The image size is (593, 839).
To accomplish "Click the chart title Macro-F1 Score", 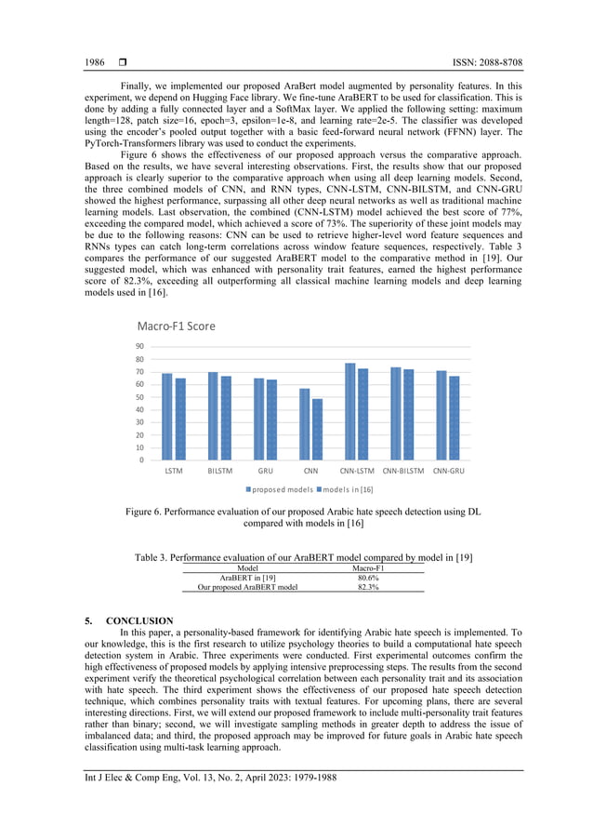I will click(177, 326).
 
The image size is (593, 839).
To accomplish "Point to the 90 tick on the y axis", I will click(139, 347).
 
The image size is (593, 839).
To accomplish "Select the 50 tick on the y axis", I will click(139, 397).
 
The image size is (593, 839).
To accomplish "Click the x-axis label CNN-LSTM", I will click(356, 472).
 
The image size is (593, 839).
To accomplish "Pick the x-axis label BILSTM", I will click(219, 472).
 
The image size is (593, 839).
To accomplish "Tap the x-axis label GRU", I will click(265, 472).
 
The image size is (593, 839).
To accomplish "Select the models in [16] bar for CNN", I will click(317, 429).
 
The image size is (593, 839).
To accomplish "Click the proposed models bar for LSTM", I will click(167, 417).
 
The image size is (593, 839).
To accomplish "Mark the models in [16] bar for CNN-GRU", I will click(454, 418).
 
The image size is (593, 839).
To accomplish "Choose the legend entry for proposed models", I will click(280, 489).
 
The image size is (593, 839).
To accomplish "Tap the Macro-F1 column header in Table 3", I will click(368, 566).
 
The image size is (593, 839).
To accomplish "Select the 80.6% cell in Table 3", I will click(368, 577).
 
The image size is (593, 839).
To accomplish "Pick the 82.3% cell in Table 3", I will click(368, 587).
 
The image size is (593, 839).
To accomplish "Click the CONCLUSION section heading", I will click(139, 620).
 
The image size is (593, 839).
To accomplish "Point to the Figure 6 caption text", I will click(303, 517).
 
